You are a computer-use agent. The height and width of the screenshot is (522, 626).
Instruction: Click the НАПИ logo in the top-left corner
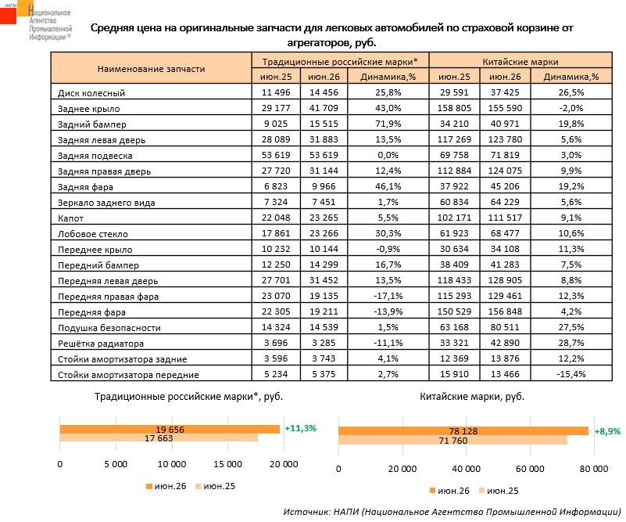coord(36,20)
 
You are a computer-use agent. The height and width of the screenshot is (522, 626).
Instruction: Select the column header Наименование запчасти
coord(152,69)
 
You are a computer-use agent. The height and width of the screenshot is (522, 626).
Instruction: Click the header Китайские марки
coord(520,62)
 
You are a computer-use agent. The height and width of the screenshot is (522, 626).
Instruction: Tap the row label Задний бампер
coord(91,124)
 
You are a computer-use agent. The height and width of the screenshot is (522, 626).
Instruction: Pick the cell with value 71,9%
coord(388,124)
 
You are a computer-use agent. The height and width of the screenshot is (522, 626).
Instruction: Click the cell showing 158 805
coord(454,108)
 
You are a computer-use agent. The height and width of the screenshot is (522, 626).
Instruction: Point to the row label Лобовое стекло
coord(93,234)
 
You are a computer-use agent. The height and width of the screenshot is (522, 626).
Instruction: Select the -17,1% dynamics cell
coord(388,296)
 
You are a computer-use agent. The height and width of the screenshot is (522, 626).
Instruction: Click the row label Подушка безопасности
coord(109,328)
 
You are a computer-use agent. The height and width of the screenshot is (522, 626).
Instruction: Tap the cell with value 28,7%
coord(571,343)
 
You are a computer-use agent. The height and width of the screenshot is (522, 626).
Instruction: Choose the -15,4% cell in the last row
coord(571,375)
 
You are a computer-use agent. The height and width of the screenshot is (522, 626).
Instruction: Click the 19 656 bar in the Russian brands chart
coord(170,430)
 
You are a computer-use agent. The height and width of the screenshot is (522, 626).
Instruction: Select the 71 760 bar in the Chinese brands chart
coord(453,440)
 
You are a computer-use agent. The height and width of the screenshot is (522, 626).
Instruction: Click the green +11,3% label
coord(300,428)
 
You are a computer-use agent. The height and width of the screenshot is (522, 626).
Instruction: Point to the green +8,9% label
coord(608,432)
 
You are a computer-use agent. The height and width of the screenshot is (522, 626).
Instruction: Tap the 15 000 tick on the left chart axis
coord(227,464)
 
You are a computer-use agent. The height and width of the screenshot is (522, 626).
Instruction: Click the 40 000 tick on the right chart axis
coord(467,469)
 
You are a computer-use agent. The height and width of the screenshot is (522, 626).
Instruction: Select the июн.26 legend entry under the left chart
coord(166,487)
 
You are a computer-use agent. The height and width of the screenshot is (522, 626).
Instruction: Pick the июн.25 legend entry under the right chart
coord(499,491)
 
